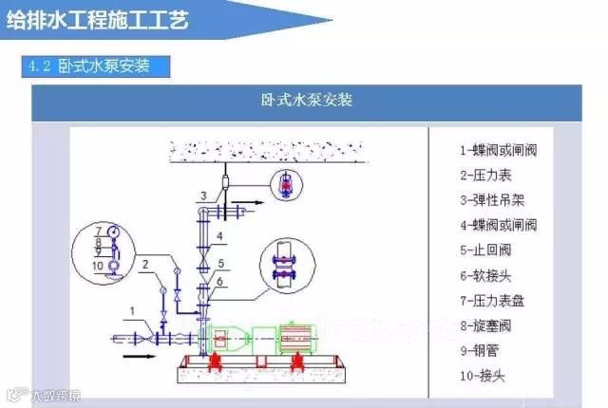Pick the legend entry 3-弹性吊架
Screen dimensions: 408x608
click(x=499, y=199)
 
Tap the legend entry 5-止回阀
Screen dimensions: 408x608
click(x=491, y=250)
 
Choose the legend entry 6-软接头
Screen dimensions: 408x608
click(x=491, y=276)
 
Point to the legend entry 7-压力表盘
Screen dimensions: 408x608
click(x=499, y=301)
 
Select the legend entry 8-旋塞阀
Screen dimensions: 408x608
click(x=491, y=326)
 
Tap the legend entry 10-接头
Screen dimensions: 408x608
click(x=487, y=377)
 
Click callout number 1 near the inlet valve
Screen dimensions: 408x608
click(x=134, y=309)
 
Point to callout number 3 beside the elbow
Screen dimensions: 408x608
click(x=202, y=196)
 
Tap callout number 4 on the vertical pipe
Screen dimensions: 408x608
click(x=219, y=234)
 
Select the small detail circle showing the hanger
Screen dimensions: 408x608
click(x=284, y=184)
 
